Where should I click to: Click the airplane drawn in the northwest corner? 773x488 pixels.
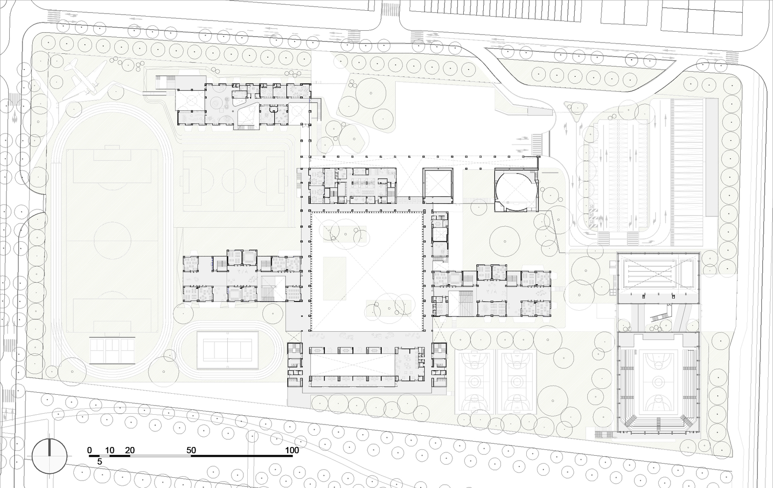pyautogui.click(x=85, y=79)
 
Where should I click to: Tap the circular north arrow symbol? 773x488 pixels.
pyautogui.click(x=49, y=456)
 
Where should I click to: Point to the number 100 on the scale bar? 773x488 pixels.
pyautogui.click(x=292, y=450)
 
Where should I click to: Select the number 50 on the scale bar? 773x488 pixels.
pyautogui.click(x=191, y=450)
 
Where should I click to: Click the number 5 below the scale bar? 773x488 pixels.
pyautogui.click(x=100, y=462)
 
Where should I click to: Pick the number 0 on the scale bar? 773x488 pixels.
pyautogui.click(x=90, y=450)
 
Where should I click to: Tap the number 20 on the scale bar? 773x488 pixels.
pyautogui.click(x=130, y=450)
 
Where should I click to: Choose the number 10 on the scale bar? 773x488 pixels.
pyautogui.click(x=110, y=450)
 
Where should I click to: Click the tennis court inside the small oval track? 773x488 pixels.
pyautogui.click(x=227, y=350)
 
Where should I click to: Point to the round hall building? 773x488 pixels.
pyautogui.click(x=516, y=190)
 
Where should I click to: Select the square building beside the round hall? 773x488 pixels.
pyautogui.click(x=438, y=186)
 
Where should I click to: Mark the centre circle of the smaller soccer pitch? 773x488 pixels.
pyautogui.click(x=234, y=181)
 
